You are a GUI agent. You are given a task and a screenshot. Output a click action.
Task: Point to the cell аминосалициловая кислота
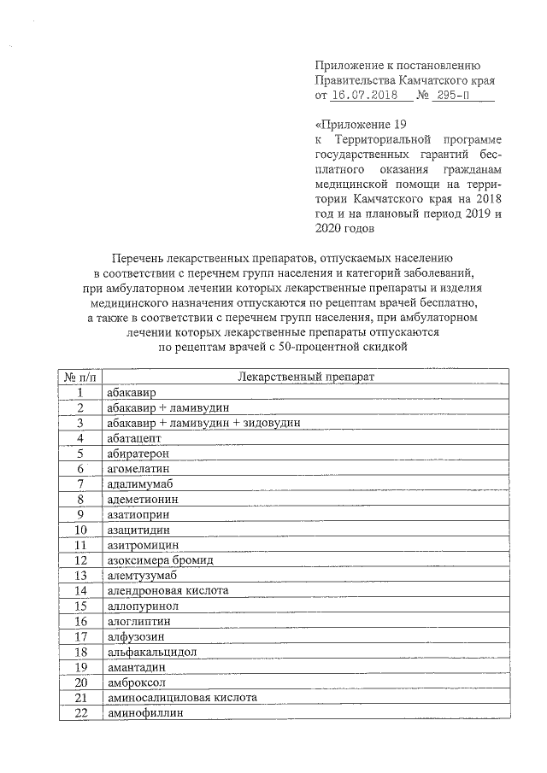click(x=178, y=698)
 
